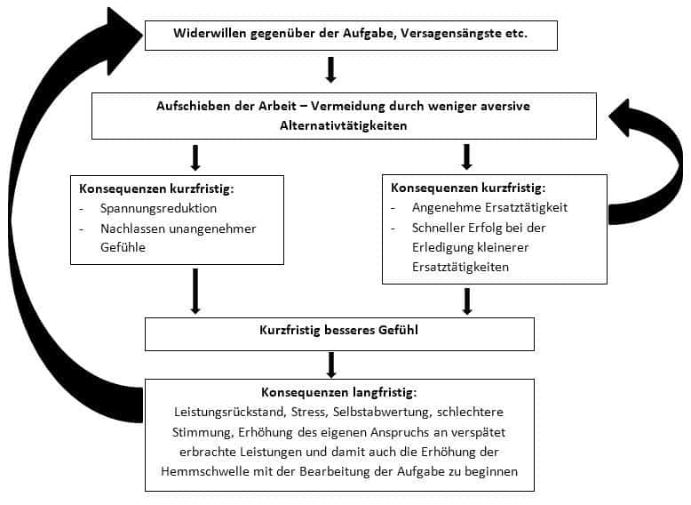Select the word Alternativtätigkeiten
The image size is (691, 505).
pos(344,125)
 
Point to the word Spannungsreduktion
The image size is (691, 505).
pos(158,209)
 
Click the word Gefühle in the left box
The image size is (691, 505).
pos(123,247)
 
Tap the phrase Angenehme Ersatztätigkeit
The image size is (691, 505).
pos(489,208)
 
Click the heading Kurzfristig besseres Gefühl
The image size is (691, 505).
pos(338,331)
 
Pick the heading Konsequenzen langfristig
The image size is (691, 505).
pos(338,393)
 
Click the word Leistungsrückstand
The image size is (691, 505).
pos(229,413)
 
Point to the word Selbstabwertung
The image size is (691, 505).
pos(381,413)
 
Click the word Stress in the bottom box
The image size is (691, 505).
pos(308,413)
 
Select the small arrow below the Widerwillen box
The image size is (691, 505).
pos(331,69)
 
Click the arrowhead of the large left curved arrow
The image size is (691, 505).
pos(123,41)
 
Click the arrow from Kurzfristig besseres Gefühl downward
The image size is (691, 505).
pos(331,365)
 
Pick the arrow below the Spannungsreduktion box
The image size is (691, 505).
pos(195,291)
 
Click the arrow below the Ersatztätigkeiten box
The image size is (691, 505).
pos(467,301)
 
